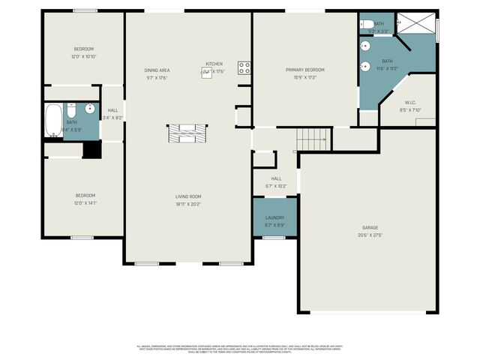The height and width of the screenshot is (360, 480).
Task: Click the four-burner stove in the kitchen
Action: (244, 67)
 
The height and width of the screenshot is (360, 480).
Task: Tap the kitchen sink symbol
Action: (205, 72)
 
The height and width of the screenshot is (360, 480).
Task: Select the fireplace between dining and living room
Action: (185, 133)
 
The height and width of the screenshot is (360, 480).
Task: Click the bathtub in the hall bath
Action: (53, 121)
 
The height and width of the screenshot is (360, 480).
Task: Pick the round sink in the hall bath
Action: (89, 109)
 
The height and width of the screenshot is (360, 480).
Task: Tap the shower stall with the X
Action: (415, 24)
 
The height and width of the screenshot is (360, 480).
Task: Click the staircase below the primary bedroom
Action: (313, 138)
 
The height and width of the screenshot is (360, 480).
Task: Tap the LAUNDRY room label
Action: (274, 217)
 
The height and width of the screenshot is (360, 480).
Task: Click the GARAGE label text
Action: (370, 227)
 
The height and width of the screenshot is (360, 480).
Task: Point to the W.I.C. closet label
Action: (411, 103)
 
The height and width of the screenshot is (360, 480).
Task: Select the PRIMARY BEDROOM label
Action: (304, 70)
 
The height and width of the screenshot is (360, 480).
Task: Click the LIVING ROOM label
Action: (188, 196)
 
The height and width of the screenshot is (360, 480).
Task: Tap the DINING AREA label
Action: (157, 70)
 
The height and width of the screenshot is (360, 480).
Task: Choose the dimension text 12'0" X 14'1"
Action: (84, 202)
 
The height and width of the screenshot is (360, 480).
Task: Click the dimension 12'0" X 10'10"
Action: (84, 56)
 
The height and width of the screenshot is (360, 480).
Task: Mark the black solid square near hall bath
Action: (91, 149)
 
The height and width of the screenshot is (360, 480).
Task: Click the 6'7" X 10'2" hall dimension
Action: (276, 186)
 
